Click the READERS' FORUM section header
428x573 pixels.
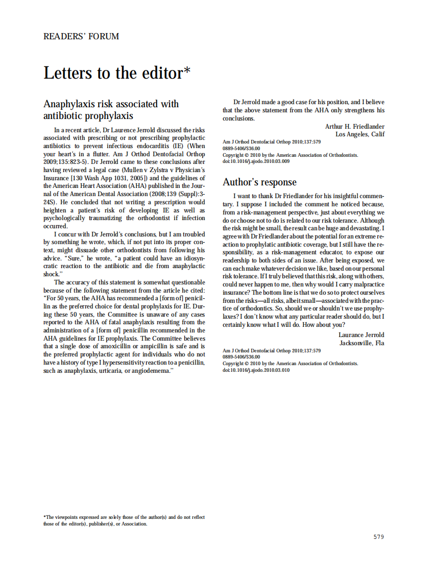(81, 36)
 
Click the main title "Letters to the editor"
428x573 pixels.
(113, 73)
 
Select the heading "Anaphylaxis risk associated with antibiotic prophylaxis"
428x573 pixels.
(111, 110)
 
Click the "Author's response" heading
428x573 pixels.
(259, 182)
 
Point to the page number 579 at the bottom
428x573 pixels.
(378, 537)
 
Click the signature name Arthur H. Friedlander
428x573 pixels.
(354, 126)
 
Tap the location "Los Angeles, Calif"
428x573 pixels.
(360, 134)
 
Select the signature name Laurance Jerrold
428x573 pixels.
(361, 335)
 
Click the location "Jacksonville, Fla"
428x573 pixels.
(362, 343)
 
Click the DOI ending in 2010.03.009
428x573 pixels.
(256, 161)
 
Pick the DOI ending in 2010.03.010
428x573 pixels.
(256, 370)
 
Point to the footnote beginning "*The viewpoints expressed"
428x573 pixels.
(124, 520)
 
